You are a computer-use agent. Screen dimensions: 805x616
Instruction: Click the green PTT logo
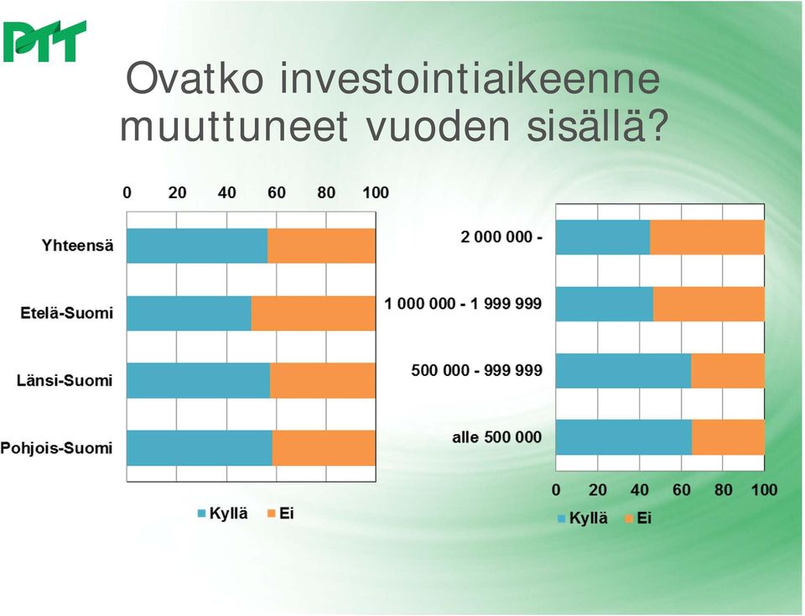click(44, 42)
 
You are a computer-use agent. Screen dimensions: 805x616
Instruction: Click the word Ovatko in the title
click(195, 79)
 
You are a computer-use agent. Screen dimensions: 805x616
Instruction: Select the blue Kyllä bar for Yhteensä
click(197, 246)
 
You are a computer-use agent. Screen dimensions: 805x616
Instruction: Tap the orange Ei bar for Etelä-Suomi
click(313, 313)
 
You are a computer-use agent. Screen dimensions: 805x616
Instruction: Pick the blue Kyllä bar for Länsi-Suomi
click(198, 381)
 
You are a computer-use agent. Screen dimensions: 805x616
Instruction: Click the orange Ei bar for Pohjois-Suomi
click(324, 448)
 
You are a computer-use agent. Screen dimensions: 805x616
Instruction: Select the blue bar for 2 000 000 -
click(603, 238)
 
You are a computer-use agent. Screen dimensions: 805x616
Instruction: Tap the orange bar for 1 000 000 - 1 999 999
click(709, 304)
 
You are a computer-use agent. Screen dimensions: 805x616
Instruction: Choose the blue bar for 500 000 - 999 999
click(623, 371)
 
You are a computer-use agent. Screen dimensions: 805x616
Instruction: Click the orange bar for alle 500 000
click(729, 437)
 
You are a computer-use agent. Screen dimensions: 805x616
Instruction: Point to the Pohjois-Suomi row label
click(56, 448)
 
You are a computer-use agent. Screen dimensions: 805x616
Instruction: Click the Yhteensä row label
click(77, 246)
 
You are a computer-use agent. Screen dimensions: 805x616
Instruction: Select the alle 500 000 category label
click(497, 437)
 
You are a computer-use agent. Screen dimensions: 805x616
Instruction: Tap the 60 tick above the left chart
click(276, 193)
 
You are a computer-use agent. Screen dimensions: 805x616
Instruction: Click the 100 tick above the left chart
click(376, 193)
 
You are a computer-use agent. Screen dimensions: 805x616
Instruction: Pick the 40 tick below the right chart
click(640, 490)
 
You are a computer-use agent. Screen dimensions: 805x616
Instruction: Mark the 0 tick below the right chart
click(556, 490)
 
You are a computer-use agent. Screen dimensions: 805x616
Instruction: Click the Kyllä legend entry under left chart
click(223, 514)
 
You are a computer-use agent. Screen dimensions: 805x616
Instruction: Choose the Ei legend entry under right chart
click(638, 518)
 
